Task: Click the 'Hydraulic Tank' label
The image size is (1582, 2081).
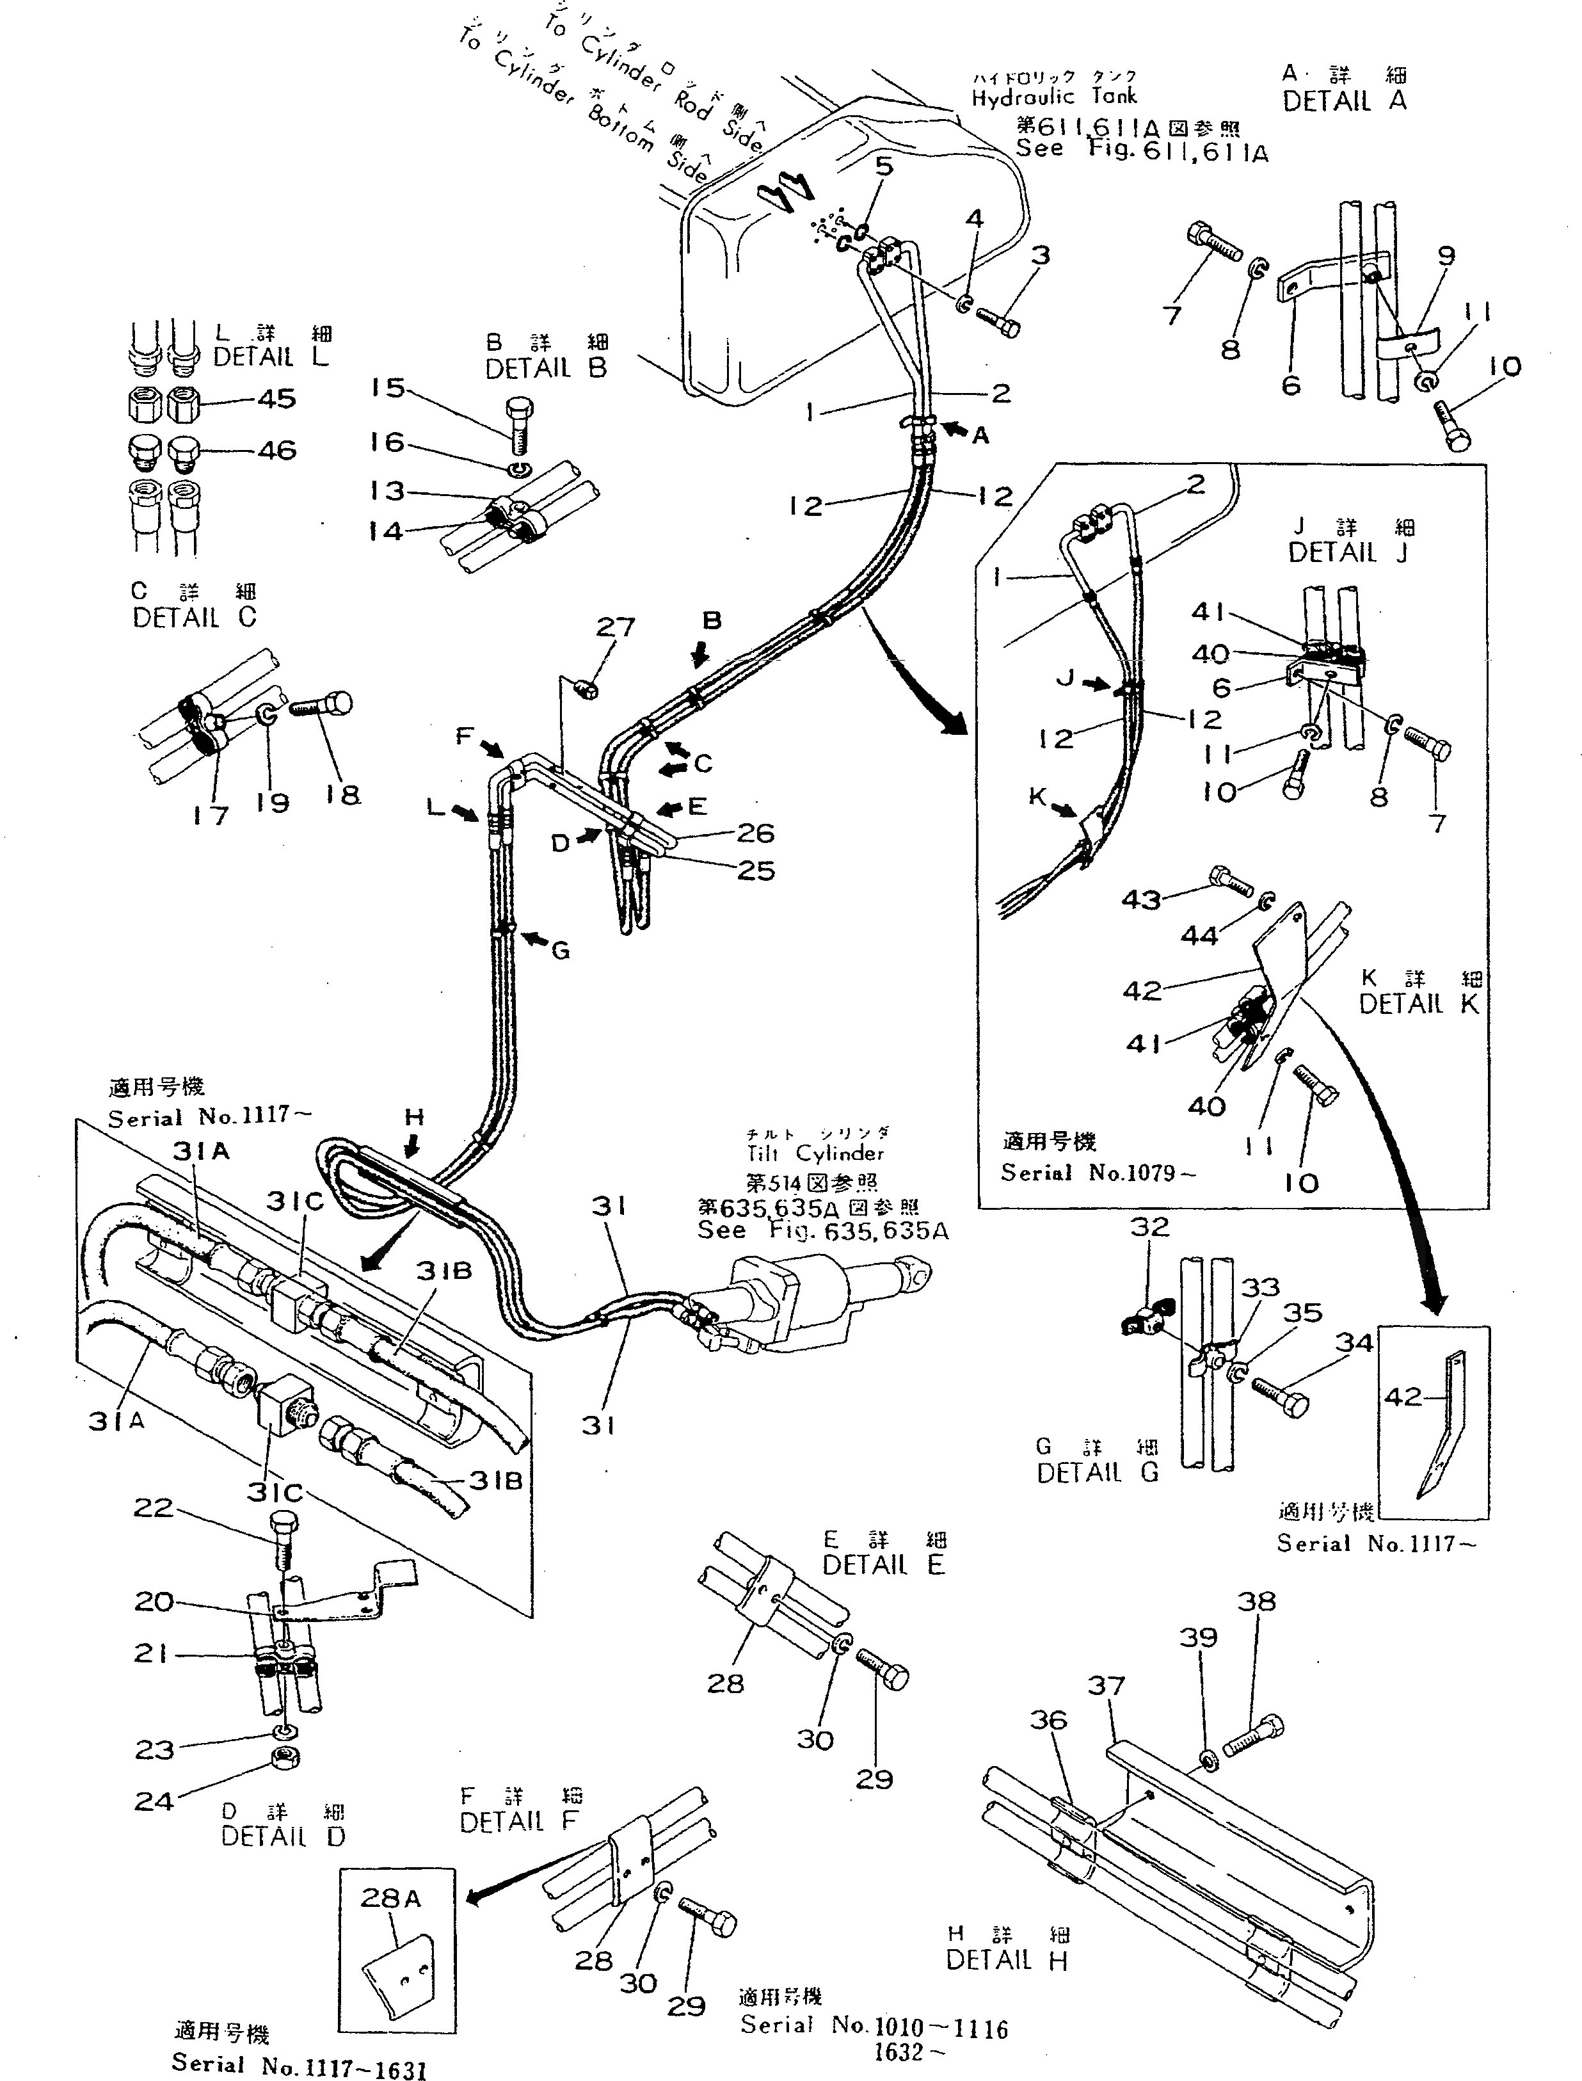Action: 1054,96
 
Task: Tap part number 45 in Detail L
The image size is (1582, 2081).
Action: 276,399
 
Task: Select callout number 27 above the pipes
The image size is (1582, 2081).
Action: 616,627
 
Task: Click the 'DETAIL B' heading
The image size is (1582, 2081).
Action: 545,368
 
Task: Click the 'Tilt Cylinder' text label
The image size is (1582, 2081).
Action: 815,1153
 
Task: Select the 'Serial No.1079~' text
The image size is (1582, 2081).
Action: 1098,1172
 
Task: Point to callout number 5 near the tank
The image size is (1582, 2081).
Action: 883,166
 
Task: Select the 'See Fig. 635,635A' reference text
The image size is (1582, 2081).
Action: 822,1231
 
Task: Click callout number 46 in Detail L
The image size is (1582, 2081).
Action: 276,450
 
